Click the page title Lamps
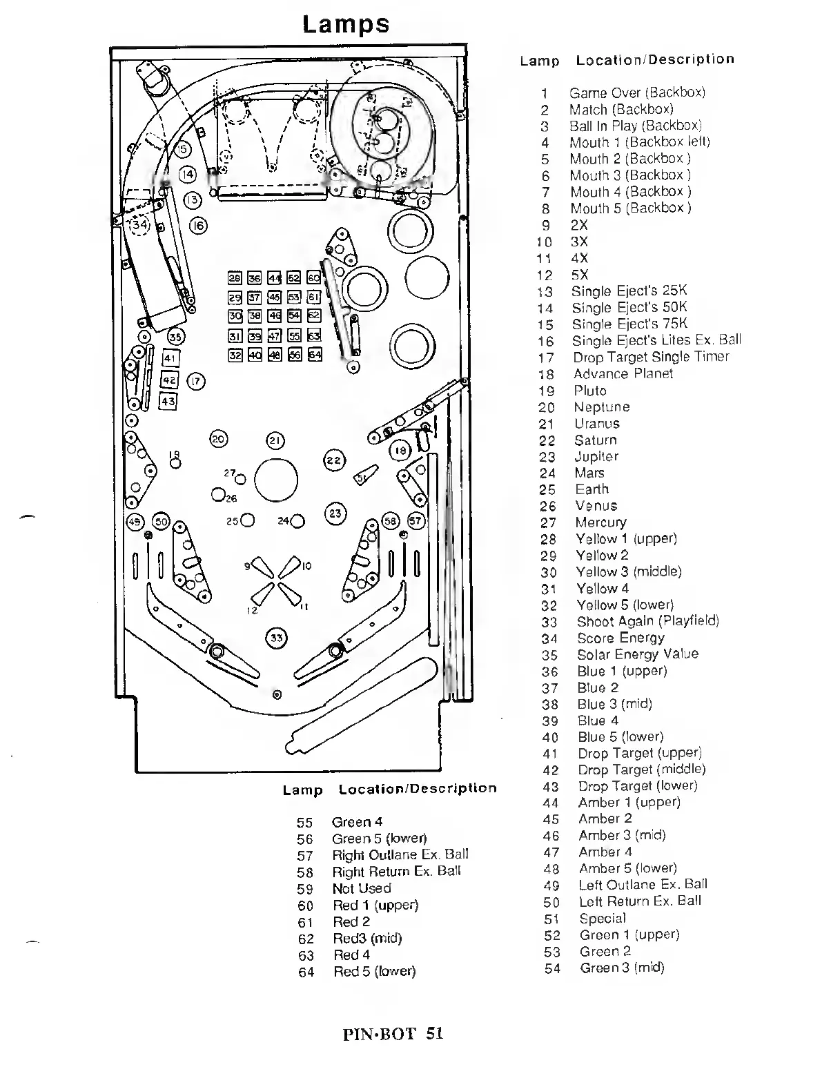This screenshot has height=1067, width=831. pos(346,24)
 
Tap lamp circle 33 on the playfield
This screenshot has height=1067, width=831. pos(276,638)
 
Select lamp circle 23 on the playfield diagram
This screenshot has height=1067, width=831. pos(335,513)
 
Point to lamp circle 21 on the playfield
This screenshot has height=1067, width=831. pos(275,440)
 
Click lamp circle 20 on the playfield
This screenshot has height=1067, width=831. pos(219,439)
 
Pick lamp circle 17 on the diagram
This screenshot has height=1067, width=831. pos(196,381)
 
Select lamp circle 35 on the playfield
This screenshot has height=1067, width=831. pos(177,337)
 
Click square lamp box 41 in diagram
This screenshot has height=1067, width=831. pos(170,358)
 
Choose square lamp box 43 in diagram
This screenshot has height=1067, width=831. pos(168,401)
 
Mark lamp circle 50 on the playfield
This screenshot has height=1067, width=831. pos(162,521)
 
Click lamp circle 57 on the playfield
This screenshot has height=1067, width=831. pos(416,521)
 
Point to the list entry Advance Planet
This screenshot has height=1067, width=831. pos(623,373)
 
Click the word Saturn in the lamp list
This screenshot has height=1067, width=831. pos(595,440)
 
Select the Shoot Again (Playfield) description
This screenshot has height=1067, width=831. pos(647,621)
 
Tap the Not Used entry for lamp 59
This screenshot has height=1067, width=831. pos(362,888)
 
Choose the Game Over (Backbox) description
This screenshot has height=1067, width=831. pos(636,92)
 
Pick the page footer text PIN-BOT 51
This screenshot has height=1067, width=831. pos(392,1033)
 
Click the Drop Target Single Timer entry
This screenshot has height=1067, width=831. pos(651,357)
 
